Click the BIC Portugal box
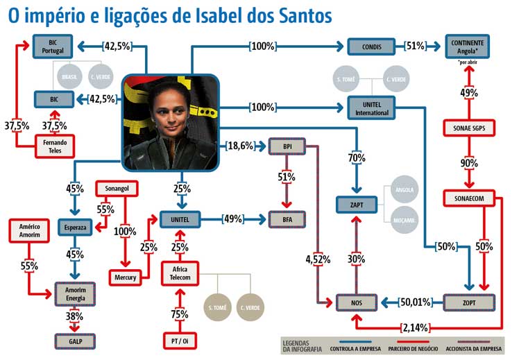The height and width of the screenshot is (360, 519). tap(53, 46)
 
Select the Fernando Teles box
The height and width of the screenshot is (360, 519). tap(55, 146)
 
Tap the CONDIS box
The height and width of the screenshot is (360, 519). tap(371, 46)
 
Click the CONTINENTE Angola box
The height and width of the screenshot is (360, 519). tap(468, 46)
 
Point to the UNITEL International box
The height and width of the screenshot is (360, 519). tap(371, 108)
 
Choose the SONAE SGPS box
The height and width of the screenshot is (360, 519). tap(469, 128)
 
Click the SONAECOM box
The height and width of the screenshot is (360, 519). tap(469, 198)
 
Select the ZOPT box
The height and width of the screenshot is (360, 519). tap(469, 302)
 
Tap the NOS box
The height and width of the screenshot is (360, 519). tap(357, 302)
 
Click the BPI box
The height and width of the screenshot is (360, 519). tap(287, 146)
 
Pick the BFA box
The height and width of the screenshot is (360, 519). tap(287, 219)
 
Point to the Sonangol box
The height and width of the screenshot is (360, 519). tap(117, 189)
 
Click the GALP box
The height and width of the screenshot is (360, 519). tap(76, 341)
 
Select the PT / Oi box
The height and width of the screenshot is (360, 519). tap(180, 341)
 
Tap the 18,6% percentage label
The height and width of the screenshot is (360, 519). tap(240, 146)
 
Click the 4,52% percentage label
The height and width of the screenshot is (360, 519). tap(318, 259)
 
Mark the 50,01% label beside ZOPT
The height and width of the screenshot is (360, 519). tap(416, 302)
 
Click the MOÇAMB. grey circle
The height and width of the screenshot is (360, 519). tap(404, 220)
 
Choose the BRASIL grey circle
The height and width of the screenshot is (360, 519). tap(69, 77)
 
